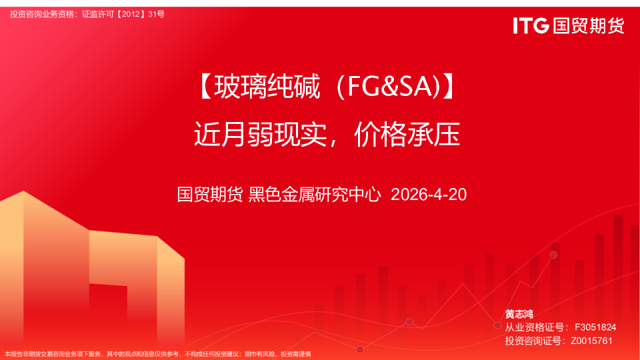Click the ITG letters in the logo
(531, 26)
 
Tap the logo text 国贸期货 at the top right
(587, 26)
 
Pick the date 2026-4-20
(429, 195)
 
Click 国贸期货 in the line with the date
(210, 195)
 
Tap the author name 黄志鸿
(519, 314)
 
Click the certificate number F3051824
(595, 327)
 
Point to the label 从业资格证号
(533, 327)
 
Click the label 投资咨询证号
(533, 341)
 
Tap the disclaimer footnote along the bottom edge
(158, 354)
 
